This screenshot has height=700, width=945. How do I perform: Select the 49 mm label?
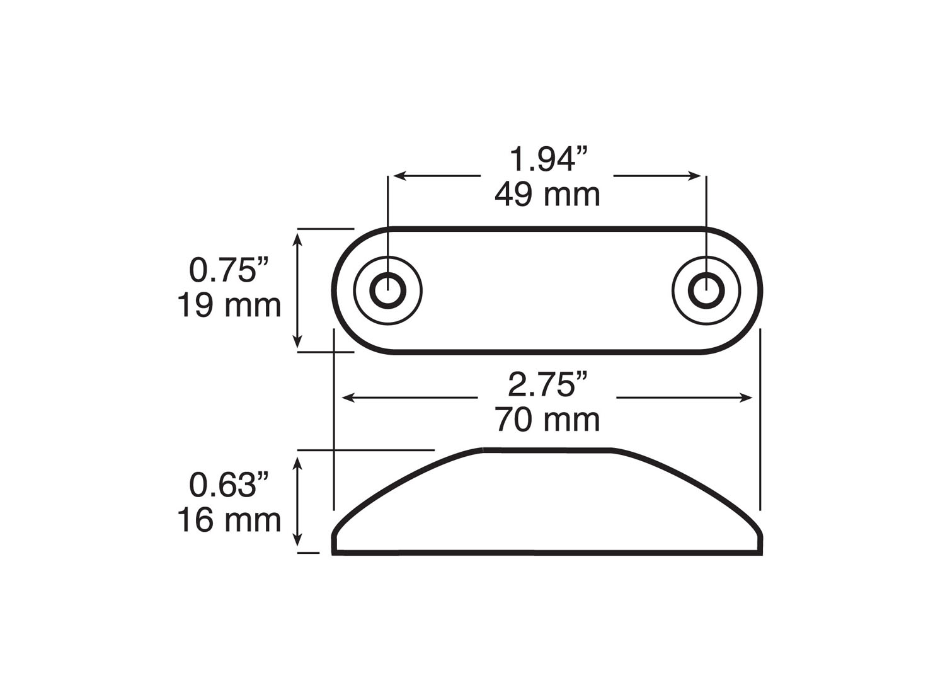pyautogui.click(x=547, y=195)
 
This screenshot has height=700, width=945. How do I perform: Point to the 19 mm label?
pyautogui.click(x=229, y=306)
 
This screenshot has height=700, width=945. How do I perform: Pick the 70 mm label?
pyautogui.click(x=547, y=420)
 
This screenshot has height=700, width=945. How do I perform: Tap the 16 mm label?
pyautogui.click(x=229, y=520)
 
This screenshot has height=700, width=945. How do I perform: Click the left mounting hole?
pyautogui.click(x=387, y=290)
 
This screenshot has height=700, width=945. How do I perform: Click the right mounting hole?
pyautogui.click(x=706, y=290)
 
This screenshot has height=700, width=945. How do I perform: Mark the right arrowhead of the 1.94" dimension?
pyautogui.click(x=697, y=176)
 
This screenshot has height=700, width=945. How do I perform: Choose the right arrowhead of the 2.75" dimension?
pyautogui.click(x=749, y=398)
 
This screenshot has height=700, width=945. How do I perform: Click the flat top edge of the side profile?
pyautogui.click(x=547, y=450)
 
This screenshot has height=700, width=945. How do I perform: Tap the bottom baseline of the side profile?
pyautogui.click(x=547, y=554)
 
